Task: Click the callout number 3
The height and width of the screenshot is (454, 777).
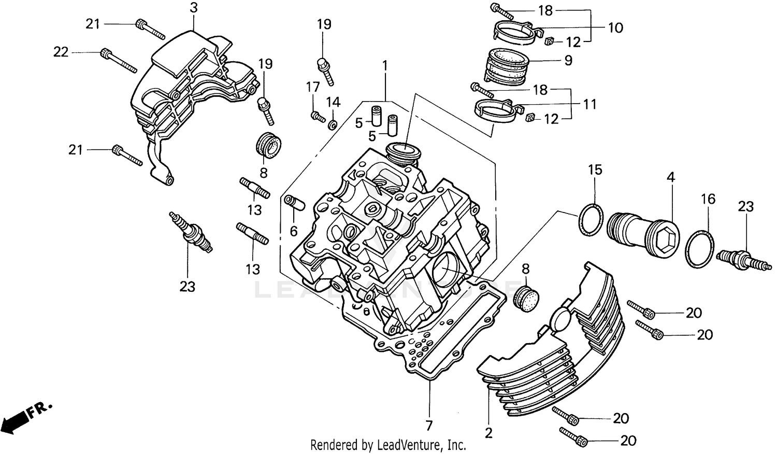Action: (x=193, y=8)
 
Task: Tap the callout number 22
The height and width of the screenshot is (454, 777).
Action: (x=61, y=52)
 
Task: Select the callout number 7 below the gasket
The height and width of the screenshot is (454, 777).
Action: (x=429, y=426)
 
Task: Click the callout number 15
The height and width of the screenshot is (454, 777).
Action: (x=595, y=170)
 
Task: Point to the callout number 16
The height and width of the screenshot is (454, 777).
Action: (x=708, y=199)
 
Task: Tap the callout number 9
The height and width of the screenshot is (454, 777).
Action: (x=568, y=61)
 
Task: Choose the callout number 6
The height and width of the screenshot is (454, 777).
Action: (x=294, y=231)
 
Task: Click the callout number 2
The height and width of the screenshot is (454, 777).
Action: (x=489, y=432)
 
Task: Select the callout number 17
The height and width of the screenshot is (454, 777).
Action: (x=312, y=87)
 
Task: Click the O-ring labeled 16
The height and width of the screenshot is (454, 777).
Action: (x=700, y=249)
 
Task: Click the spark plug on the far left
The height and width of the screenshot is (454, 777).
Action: (x=192, y=233)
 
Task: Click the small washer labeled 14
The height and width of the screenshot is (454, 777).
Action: (x=333, y=124)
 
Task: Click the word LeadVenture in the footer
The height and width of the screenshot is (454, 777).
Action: (x=409, y=445)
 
